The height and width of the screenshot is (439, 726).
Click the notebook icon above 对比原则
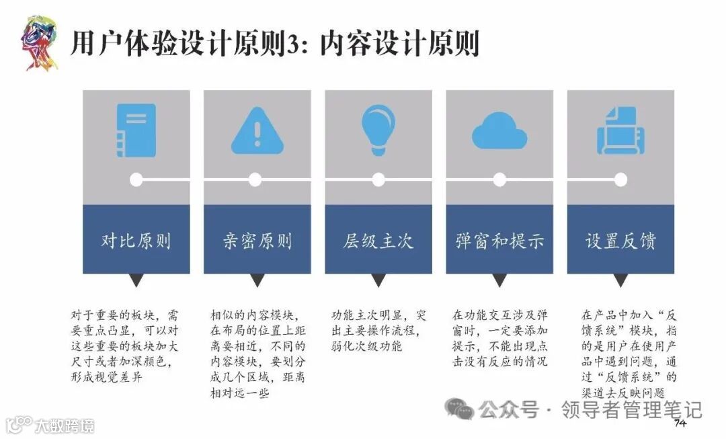coord(136,130)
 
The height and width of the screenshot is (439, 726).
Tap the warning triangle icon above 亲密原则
coord(257,130)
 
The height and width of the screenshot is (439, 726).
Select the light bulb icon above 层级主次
coord(378,128)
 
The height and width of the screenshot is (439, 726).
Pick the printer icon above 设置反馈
coord(620,130)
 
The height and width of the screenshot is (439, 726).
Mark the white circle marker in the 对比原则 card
coord(136,179)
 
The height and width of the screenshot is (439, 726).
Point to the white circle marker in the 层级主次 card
coord(378,179)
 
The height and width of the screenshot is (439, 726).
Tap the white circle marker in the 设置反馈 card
coord(620,179)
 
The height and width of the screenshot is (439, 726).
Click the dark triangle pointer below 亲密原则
coord(257,280)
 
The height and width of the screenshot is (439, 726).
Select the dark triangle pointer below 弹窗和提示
coord(499,280)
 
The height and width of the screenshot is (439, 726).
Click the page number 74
coord(679,423)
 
